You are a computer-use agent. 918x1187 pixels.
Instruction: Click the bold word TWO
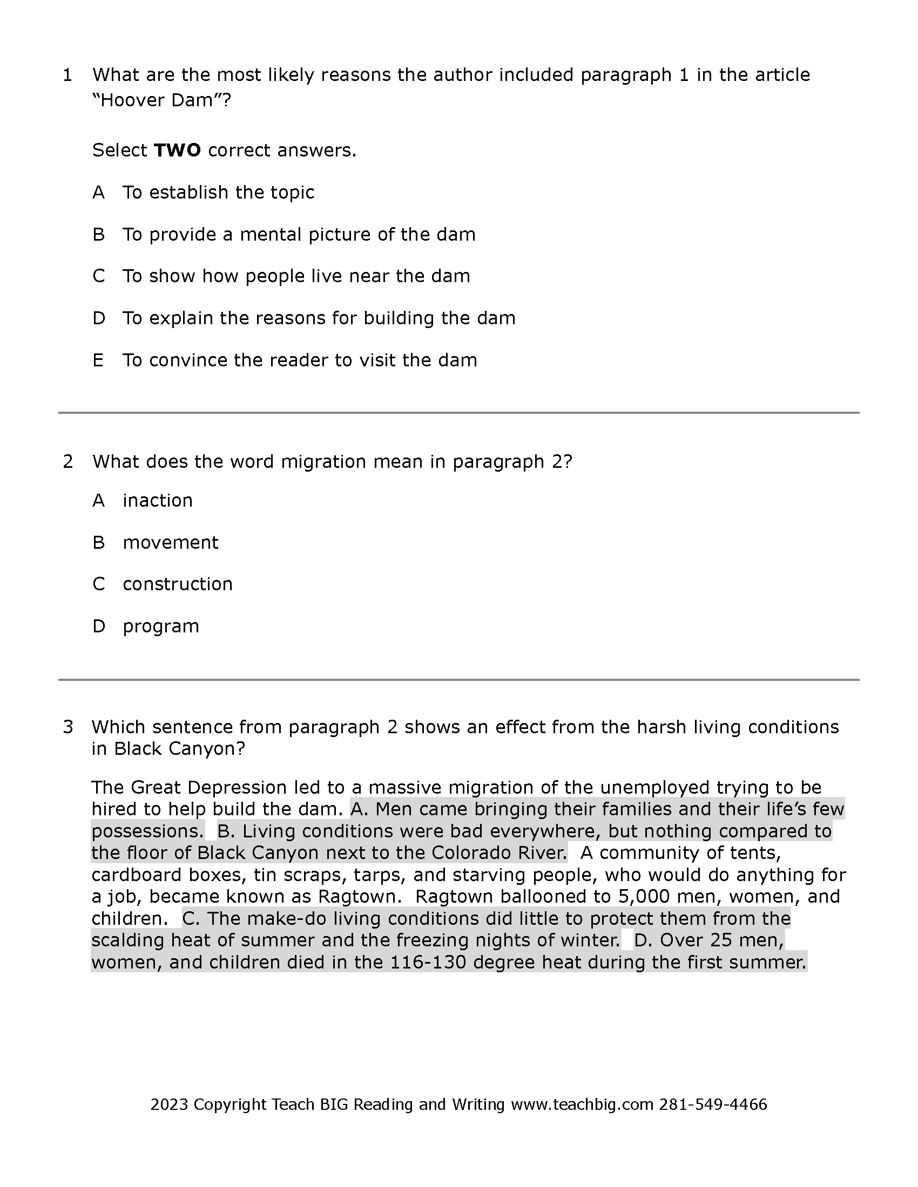(177, 150)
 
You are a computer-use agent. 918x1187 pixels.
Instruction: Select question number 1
(67, 75)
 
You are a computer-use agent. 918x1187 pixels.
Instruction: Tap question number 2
(67, 461)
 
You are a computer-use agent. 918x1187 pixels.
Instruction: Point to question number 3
(67, 727)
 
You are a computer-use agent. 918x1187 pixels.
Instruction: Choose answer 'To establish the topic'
(218, 193)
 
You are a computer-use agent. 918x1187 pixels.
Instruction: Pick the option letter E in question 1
(98, 360)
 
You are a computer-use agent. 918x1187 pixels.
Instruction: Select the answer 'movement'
(170, 542)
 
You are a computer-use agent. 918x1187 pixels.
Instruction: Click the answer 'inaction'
(158, 500)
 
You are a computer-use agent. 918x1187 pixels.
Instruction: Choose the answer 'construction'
(177, 584)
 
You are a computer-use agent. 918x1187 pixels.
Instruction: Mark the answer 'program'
(161, 626)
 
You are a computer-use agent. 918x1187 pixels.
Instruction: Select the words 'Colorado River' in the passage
(499, 852)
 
